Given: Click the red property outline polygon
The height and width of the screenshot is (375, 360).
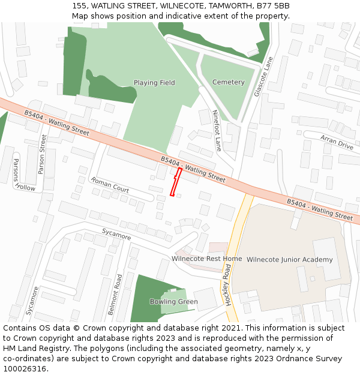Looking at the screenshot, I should pos(175,182).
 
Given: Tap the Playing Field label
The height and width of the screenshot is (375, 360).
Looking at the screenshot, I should pos(154,83).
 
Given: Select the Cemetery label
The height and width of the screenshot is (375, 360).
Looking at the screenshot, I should pos(229,82).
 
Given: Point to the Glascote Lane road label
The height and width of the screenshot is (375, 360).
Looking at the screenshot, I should pos(263,81).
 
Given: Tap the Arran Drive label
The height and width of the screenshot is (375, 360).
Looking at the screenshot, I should pos(337,142).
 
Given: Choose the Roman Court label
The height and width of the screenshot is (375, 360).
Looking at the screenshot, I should pos(109,185).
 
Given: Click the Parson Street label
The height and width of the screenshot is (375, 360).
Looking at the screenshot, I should pos(41,154).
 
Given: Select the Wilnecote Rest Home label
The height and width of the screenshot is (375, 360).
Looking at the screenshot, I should pos(207,259).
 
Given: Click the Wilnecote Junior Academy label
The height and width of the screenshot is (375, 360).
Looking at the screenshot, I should pos(289,260).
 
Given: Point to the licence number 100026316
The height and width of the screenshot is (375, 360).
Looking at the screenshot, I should pos(25,368).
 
